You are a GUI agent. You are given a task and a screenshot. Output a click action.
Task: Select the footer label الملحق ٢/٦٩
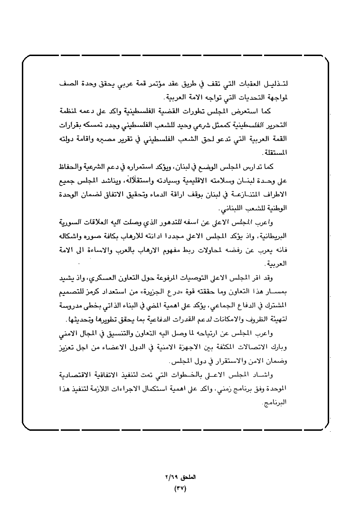click(x=180, y=476)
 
